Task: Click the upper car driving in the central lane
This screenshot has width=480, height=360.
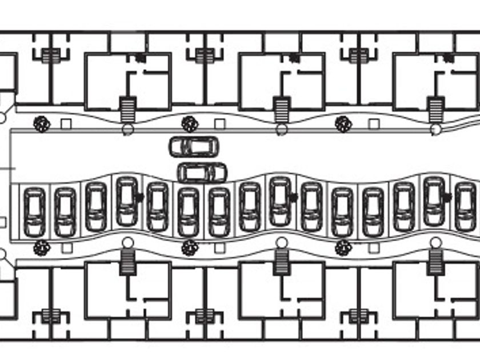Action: (194, 146)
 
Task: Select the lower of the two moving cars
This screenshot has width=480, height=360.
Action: (202, 172)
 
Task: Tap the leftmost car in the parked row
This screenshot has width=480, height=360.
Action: (34, 212)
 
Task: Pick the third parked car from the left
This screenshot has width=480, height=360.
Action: (96, 206)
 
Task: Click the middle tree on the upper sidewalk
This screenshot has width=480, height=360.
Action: (189, 123)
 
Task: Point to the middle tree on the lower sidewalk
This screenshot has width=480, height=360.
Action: (189, 248)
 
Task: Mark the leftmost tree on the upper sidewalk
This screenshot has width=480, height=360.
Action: (41, 123)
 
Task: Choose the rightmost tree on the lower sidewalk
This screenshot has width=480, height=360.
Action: (343, 248)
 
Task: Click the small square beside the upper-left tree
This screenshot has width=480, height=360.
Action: (66, 124)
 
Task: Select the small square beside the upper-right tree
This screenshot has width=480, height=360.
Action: (374, 124)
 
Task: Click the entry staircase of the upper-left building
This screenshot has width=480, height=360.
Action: (127, 109)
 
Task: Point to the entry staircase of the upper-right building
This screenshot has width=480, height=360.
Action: (436, 109)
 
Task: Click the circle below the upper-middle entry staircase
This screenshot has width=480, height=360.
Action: (281, 130)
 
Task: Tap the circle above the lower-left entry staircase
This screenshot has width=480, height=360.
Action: (127, 242)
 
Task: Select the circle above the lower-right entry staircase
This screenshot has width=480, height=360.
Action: (435, 242)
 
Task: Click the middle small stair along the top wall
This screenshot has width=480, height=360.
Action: (204, 56)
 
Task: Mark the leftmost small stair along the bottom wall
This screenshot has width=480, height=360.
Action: (50, 315)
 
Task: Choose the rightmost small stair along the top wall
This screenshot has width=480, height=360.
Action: (358, 56)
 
